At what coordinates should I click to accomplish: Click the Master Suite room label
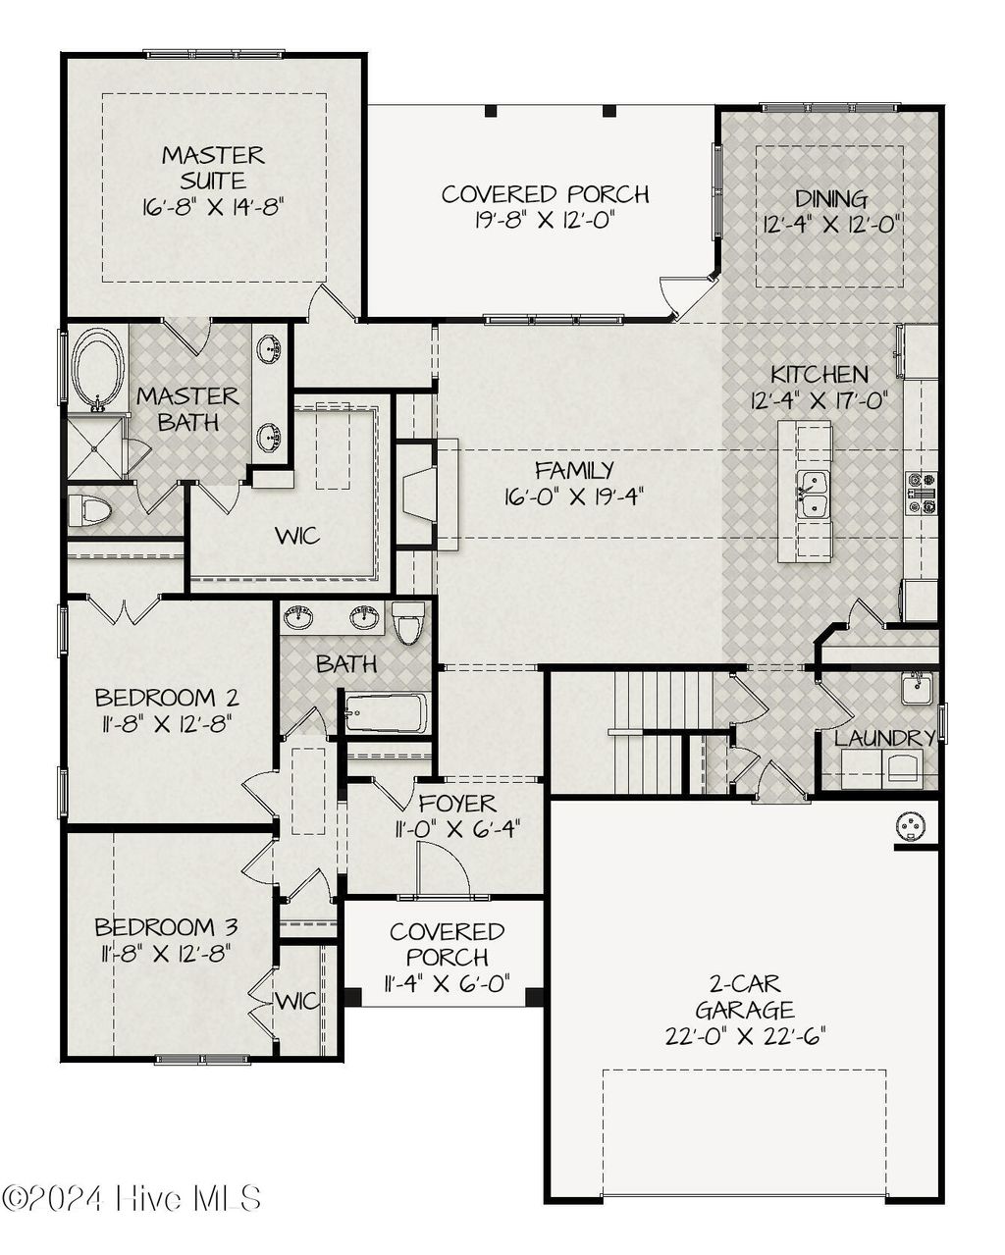tap(213, 168)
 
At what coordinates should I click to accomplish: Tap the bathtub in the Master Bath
tap(96, 370)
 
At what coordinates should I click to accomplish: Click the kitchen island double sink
tap(812, 494)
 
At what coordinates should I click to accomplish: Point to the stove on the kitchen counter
tap(921, 494)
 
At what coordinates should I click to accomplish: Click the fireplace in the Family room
tap(419, 494)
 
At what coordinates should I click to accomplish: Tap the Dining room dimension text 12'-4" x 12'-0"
tap(831, 224)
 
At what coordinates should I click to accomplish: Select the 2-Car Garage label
tap(744, 996)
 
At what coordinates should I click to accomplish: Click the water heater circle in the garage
tap(911, 827)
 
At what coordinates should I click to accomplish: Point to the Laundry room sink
tap(917, 688)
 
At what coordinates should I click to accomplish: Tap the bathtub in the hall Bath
tap(386, 713)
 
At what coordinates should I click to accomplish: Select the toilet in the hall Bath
tap(408, 622)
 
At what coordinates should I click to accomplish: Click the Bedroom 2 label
tap(167, 698)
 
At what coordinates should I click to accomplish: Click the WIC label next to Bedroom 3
tap(296, 1001)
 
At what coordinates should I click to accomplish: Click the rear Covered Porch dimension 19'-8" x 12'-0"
tap(544, 221)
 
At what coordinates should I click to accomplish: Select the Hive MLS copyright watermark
tap(132, 1198)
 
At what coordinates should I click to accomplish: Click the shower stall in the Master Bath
tap(96, 448)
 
